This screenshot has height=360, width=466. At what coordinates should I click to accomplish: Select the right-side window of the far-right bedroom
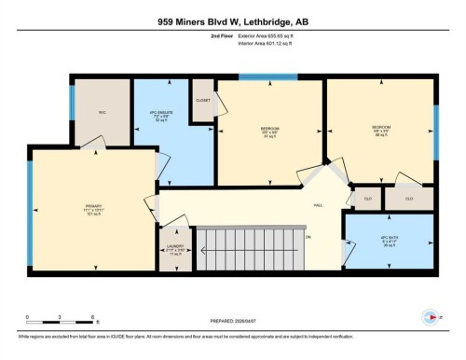pyautogui.click(x=435, y=120)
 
